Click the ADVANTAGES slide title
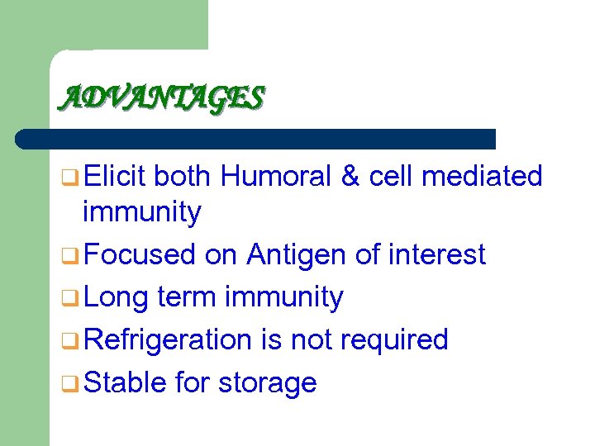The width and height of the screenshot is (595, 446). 161,98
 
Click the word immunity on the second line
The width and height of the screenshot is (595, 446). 141,213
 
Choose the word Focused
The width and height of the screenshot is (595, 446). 140,254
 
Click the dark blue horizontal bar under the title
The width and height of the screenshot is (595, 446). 256,139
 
